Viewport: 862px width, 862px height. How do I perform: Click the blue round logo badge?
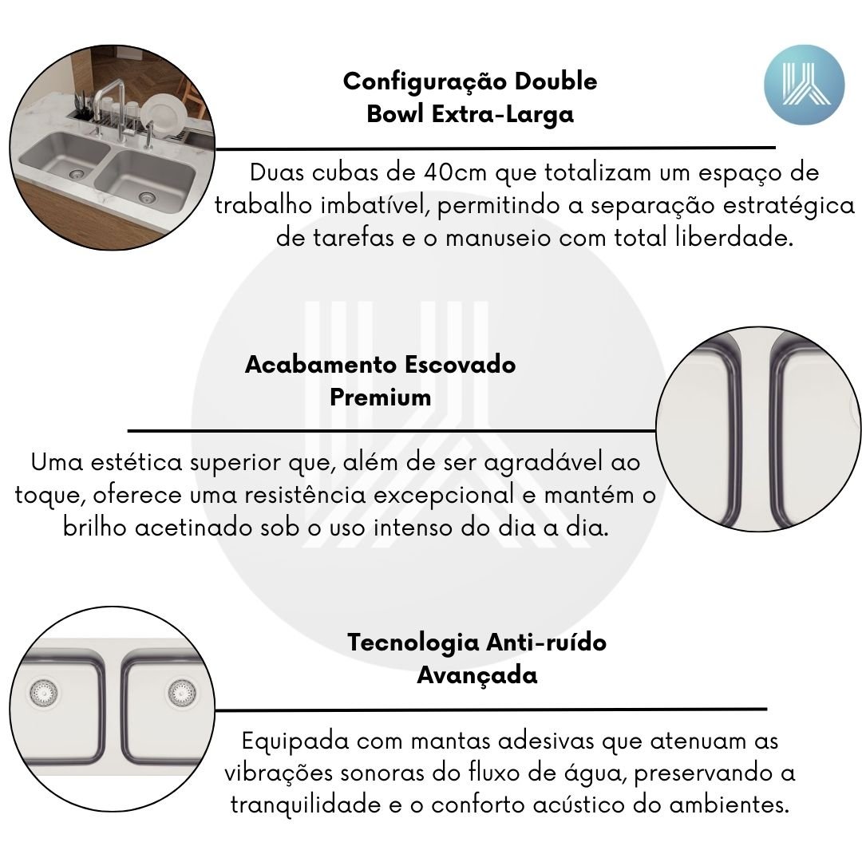coord(804,85)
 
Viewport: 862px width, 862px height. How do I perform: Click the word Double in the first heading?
coord(556,81)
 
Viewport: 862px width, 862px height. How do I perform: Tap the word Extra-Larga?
coord(503,114)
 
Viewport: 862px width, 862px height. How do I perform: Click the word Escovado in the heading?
coord(460,365)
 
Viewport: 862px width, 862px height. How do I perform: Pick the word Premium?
coord(381,397)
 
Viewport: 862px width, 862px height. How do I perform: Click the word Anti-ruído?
coord(547,642)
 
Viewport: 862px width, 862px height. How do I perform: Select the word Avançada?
coord(476,675)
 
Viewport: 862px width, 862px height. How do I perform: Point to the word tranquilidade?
coord(305,805)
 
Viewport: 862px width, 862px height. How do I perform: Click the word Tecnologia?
coord(413,643)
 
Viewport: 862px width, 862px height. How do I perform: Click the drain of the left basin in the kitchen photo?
coord(77,174)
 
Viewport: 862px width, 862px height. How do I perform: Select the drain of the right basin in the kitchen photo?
coord(146,196)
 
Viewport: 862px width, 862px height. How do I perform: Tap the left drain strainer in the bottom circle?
coord(43,692)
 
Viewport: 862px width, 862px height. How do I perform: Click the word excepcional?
coord(445,496)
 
